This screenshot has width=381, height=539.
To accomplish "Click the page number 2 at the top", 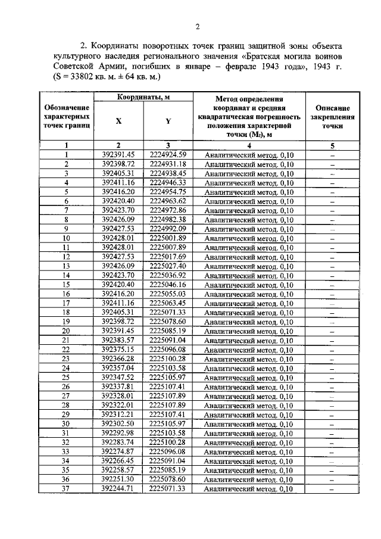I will [196, 26].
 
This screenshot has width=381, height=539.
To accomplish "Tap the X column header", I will [118, 121].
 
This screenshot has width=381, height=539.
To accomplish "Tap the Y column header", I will [168, 121].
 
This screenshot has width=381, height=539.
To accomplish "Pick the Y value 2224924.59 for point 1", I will [168, 154].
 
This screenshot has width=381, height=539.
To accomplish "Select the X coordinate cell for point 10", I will [118, 238].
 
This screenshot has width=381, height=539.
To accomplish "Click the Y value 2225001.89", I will [168, 238].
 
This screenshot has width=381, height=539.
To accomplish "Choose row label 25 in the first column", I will [66, 378].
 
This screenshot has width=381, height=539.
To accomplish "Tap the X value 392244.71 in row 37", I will [118, 489].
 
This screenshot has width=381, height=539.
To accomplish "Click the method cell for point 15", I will [249, 285].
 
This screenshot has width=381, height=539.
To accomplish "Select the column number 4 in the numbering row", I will [249, 145].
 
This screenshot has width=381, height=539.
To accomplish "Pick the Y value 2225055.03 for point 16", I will [168, 294].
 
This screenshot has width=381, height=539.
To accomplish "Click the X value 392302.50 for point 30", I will [118, 424].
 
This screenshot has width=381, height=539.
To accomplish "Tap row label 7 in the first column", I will [66, 210].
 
